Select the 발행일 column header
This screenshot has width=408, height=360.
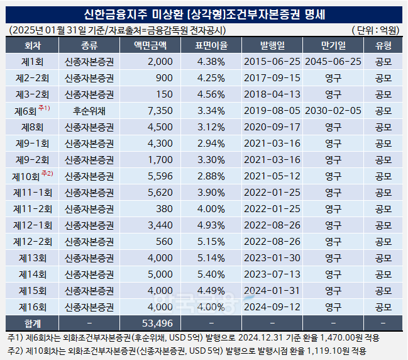click(272, 45)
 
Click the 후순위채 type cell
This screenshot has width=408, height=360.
click(89, 110)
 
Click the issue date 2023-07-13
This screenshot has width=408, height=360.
click(272, 274)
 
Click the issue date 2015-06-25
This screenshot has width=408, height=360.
click(272, 61)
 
